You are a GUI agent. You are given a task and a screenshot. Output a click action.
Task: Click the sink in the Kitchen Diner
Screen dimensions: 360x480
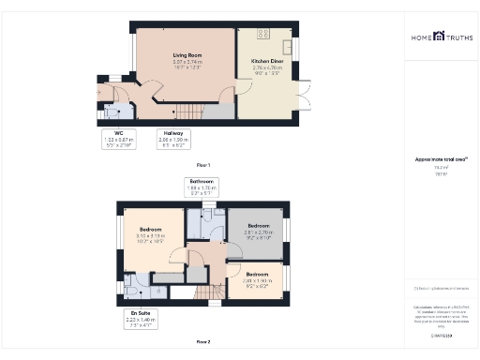point(289,46)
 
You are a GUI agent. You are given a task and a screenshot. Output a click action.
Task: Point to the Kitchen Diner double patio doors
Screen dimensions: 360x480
point(302,94)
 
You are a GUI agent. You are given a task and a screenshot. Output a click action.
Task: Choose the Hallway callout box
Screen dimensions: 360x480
point(173,140)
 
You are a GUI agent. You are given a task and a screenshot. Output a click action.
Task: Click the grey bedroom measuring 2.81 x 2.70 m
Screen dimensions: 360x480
point(258,232)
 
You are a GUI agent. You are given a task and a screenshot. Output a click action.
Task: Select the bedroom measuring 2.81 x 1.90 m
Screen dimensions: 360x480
point(258,278)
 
